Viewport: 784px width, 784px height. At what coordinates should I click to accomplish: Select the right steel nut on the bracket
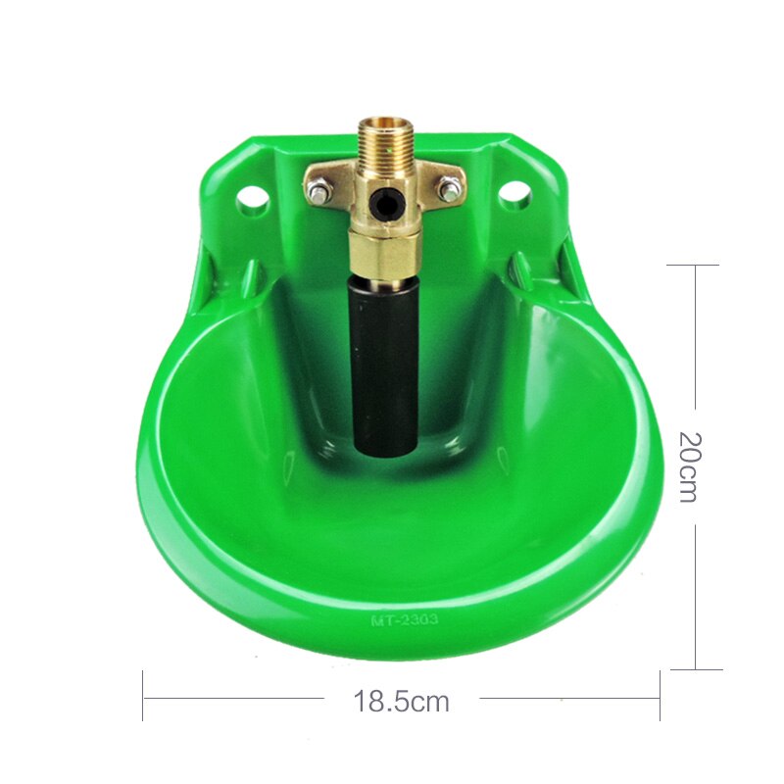pos(450,190)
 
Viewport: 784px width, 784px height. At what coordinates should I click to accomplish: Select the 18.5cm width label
pos(401,702)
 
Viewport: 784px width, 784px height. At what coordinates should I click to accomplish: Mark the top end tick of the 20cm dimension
pos(694,265)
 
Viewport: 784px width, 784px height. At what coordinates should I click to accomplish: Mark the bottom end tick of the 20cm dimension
pos(694,670)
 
